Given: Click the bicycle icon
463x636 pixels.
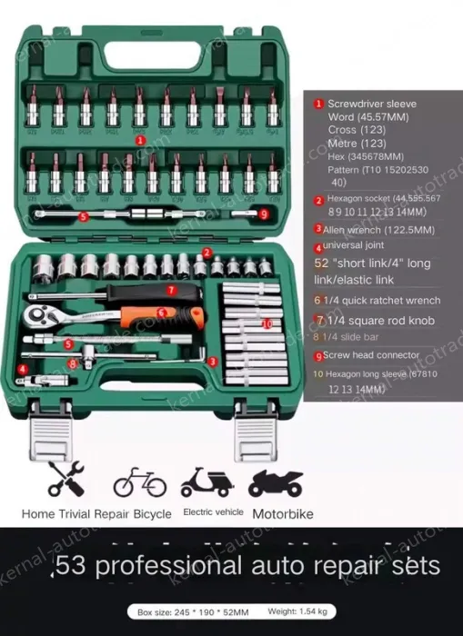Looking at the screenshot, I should [140, 482].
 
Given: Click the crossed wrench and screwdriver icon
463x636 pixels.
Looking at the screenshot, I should [66, 480].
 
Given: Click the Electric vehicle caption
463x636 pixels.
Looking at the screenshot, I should [213, 512].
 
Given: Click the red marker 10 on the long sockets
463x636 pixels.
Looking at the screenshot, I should [267, 323].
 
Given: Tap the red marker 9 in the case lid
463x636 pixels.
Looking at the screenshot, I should [263, 214].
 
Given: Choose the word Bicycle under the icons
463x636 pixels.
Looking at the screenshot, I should [147, 514].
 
